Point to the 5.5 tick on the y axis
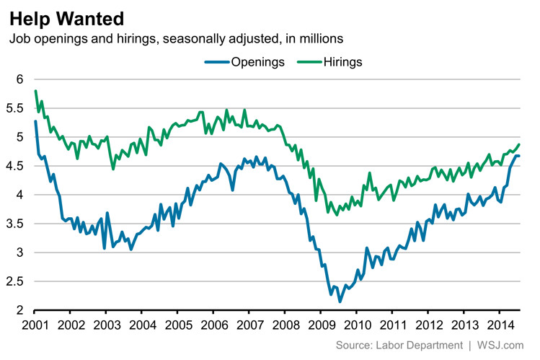(14, 108)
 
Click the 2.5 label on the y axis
(14, 282)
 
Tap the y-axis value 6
(19, 79)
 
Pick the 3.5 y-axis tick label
(14, 224)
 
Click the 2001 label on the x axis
(35, 324)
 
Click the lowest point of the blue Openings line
(340, 302)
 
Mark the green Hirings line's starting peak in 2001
(35, 91)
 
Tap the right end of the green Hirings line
(519, 145)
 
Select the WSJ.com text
(503, 346)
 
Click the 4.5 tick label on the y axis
(14, 166)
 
